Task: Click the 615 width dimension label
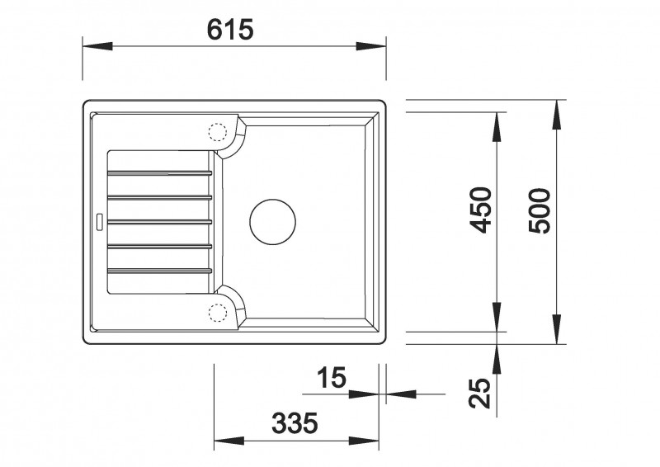pos(230,29)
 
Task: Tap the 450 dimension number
pos(480,210)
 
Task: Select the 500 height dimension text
pos(540,211)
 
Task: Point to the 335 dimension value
pos(295,422)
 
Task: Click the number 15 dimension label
pos(332,377)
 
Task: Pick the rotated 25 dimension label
pos(480,394)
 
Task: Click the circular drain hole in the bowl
pos(272,222)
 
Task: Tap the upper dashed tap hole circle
pos(218,132)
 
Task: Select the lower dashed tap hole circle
pos(218,313)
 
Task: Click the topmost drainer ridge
pos(160,172)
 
